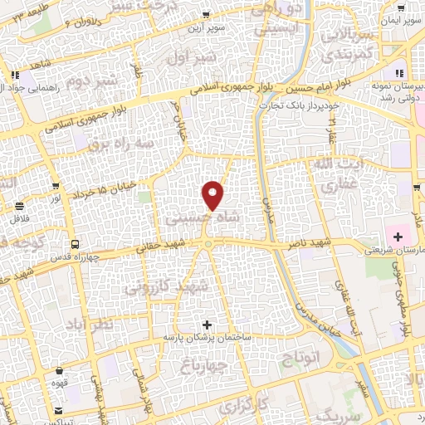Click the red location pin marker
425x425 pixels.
click(214, 194)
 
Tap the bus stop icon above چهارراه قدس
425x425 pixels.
click(75, 245)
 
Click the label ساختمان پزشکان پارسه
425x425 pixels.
click(206, 338)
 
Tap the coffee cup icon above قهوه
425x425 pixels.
click(58, 373)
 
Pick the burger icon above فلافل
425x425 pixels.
click(17, 206)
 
